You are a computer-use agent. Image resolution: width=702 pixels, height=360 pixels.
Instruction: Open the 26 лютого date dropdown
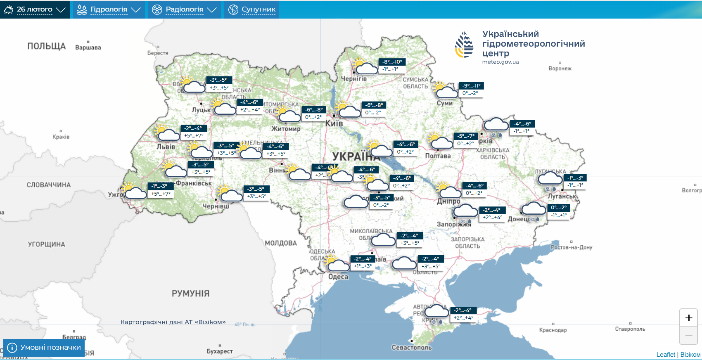[35, 9]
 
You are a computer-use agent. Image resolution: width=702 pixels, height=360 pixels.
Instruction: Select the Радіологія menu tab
[184, 9]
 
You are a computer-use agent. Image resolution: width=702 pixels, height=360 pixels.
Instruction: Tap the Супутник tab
[252, 9]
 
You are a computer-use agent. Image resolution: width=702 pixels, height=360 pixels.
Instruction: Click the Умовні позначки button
[44, 347]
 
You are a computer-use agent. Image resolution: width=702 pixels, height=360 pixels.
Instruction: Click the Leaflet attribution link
[666, 355]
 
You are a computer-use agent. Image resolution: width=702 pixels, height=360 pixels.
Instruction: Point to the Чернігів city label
[353, 78]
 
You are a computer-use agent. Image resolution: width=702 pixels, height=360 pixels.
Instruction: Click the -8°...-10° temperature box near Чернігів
[392, 62]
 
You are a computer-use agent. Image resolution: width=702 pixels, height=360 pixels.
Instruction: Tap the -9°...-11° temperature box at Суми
[471, 86]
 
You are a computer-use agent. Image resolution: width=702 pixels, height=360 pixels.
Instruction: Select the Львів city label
[166, 147]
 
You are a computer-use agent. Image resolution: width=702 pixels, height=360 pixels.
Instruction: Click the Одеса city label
[338, 277]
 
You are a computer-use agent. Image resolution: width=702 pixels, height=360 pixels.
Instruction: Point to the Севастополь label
[411, 347]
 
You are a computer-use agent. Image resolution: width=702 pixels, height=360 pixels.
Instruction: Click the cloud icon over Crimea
[436, 311]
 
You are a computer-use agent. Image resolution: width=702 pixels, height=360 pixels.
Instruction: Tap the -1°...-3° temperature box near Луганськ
[575, 178]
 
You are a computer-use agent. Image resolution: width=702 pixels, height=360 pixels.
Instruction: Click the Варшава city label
[88, 47]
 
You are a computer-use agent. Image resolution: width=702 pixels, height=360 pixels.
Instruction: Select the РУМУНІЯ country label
[190, 293]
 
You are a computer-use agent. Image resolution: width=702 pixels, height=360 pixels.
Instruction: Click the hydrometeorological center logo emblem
[464, 45]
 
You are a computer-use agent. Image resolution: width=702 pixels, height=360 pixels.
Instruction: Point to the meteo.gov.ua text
[500, 62]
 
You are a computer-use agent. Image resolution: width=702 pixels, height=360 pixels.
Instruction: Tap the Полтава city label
[438, 156]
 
